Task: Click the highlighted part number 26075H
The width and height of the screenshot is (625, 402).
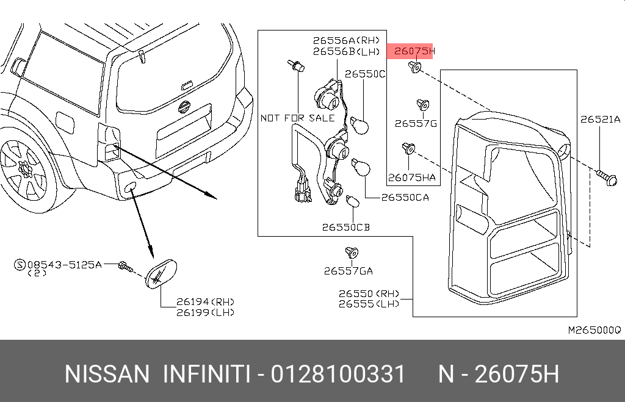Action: pyautogui.click(x=413, y=51)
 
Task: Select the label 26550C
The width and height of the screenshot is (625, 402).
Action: pyautogui.click(x=365, y=74)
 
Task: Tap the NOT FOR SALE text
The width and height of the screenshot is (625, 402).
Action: pyautogui.click(x=297, y=118)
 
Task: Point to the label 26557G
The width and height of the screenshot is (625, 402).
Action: pyautogui.click(x=416, y=124)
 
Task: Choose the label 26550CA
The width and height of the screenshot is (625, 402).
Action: pyautogui.click(x=405, y=198)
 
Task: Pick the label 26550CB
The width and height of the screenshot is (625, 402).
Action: pyautogui.click(x=346, y=228)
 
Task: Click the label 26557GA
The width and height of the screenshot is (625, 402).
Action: pyautogui.click(x=348, y=271)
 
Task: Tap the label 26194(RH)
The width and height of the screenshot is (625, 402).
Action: pyautogui.click(x=204, y=302)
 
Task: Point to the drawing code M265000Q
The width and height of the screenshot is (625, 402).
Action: pyautogui.click(x=594, y=330)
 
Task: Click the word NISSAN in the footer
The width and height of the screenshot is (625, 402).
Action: pyautogui.click(x=106, y=373)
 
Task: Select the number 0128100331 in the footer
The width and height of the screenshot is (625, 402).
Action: pyautogui.click(x=338, y=373)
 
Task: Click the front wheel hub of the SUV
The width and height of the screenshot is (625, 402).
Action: pyautogui.click(x=24, y=167)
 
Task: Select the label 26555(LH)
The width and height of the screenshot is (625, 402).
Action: pyautogui.click(x=369, y=303)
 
